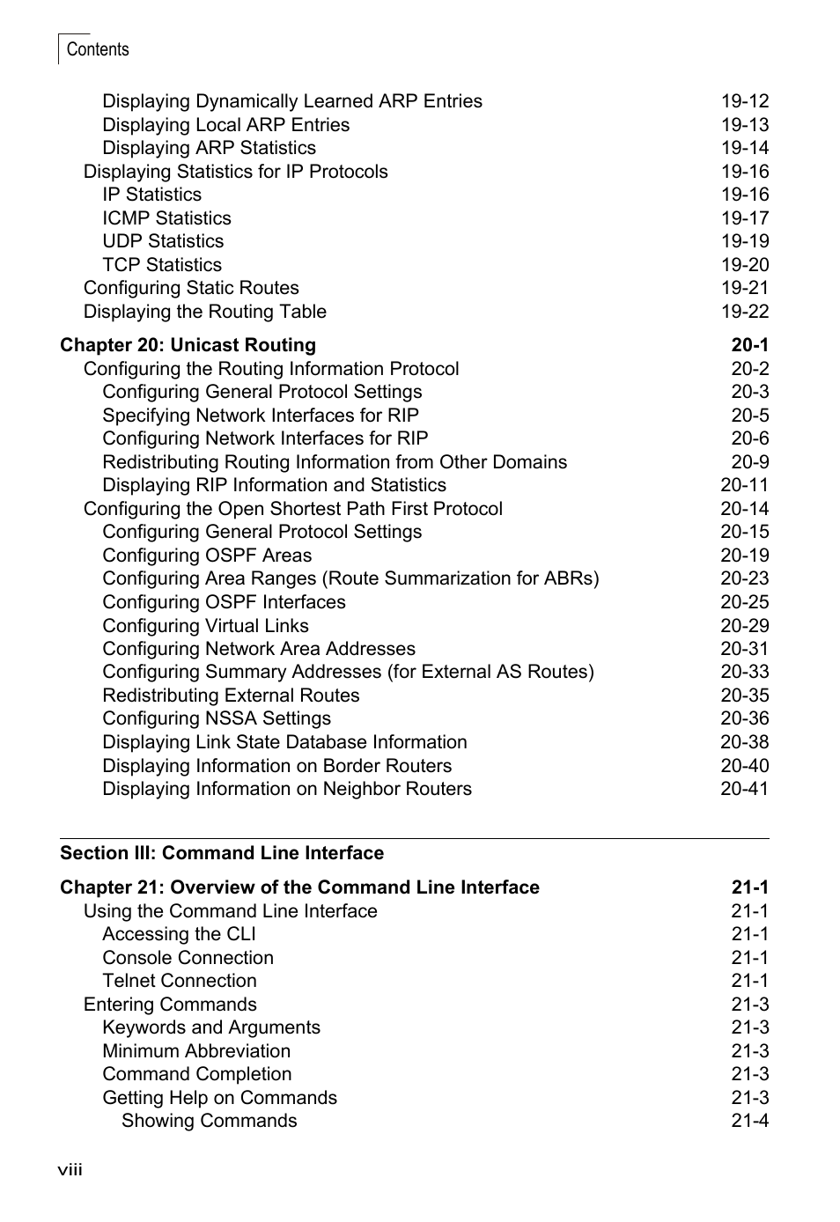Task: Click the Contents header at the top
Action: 97,49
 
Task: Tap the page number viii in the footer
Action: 70,1169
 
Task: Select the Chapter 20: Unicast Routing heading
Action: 188,345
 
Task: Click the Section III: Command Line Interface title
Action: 222,853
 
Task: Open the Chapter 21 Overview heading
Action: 299,887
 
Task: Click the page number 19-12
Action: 744,101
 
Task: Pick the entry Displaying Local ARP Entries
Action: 225,125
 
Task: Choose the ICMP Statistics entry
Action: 166,218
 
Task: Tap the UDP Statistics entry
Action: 163,241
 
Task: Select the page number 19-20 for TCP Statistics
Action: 744,265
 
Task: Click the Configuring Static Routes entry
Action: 191,288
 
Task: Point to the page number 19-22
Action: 744,312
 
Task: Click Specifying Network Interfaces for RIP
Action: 261,416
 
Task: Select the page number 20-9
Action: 749,462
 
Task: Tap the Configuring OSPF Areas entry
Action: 207,556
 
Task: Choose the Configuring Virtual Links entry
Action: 205,626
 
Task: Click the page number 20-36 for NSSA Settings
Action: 744,718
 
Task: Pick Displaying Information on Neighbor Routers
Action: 287,789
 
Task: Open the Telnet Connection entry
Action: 180,981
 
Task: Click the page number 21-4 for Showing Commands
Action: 749,1121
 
